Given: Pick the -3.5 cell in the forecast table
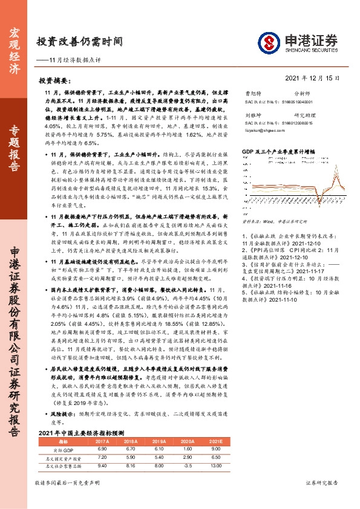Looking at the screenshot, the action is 186,466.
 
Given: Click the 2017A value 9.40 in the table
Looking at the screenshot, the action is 102,466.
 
